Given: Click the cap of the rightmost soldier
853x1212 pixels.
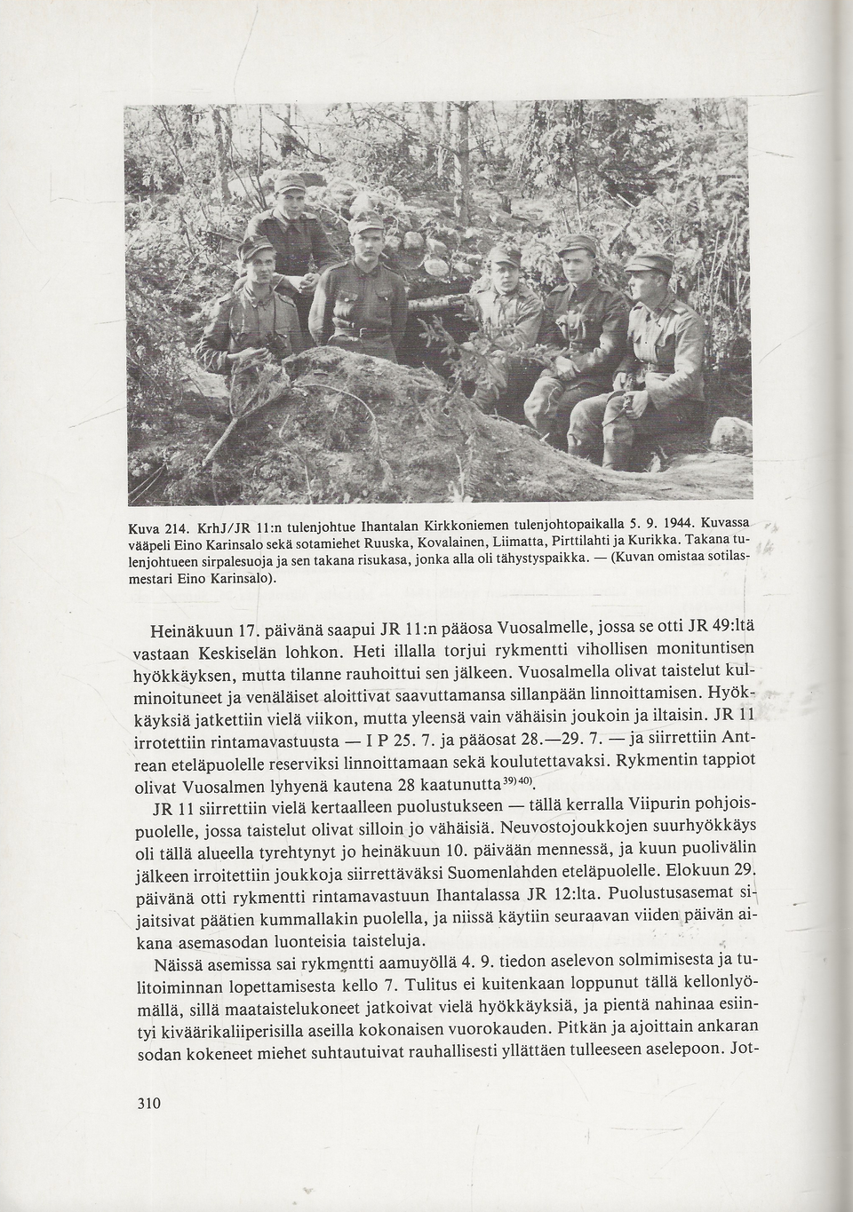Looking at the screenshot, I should (648, 262).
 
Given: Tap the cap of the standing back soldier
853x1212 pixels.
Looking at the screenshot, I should (290, 183).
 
